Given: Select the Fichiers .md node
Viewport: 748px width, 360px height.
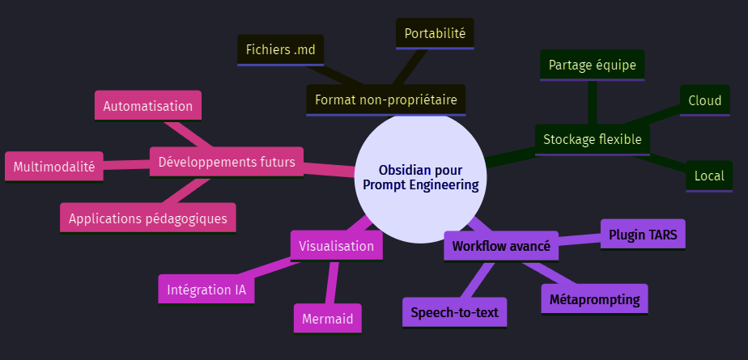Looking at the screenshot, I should coord(281,50).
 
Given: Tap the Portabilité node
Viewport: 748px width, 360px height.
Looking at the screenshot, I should coord(435,34).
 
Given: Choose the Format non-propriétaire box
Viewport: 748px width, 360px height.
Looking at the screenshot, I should coord(385,100).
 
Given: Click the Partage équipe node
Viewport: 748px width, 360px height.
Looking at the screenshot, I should coord(592,65).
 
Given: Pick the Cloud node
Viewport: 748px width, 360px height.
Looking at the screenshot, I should coord(704,100).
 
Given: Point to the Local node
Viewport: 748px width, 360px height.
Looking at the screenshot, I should coord(709,176).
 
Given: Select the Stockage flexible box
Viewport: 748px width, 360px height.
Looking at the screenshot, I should coord(592,139).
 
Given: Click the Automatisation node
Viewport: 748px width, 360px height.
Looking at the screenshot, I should coord(148,106).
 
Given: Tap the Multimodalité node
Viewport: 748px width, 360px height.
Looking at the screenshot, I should coord(54,167).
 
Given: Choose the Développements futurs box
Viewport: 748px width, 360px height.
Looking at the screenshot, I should coord(227,161).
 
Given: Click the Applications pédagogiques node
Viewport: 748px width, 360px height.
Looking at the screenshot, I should coord(148,218).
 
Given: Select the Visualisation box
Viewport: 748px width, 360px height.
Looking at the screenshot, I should coord(336,246).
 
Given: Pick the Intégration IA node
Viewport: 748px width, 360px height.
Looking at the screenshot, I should coord(206,289).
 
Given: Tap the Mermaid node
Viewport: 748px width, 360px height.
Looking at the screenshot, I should coord(327,319).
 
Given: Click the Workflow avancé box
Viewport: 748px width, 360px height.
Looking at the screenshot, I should coord(501,246).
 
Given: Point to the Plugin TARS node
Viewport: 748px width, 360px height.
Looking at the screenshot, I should coord(643,235).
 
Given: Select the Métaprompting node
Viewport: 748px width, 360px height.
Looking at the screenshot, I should coord(594,299).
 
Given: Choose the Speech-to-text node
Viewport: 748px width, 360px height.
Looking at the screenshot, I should coord(454,312).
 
